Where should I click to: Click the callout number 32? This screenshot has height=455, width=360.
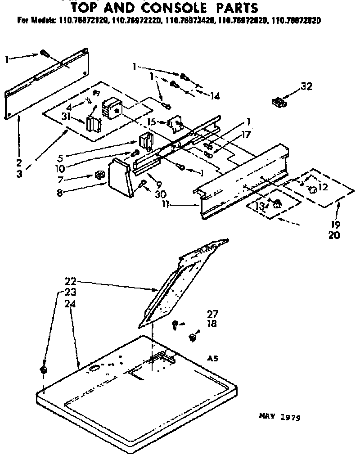point(306,87)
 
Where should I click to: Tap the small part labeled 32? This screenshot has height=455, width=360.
point(279,103)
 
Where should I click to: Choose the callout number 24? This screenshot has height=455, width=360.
point(70,304)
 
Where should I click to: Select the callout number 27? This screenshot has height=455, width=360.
point(212,314)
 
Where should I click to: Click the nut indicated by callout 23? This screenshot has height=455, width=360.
point(43,370)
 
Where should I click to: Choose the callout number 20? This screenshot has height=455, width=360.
point(334,234)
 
